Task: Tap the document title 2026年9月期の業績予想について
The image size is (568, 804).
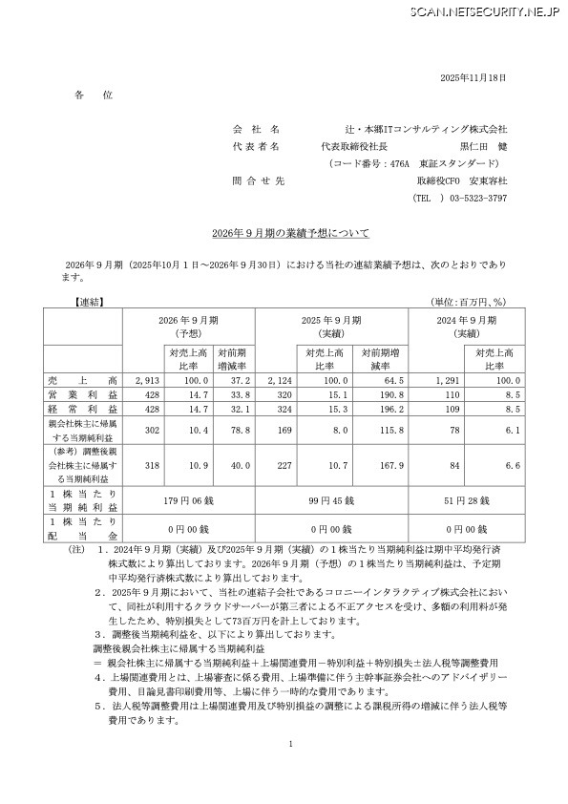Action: (284, 233)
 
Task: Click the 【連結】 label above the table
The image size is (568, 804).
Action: (89, 302)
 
